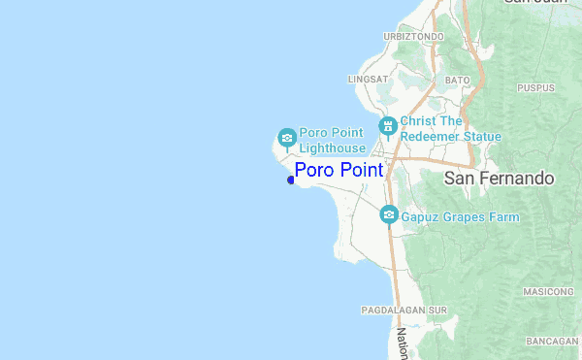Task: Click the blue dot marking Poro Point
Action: tap(291, 180)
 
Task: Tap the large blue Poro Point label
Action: tap(339, 171)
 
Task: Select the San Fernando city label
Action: tap(499, 179)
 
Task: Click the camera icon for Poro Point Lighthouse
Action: tap(286, 137)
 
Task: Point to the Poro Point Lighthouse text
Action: tap(332, 140)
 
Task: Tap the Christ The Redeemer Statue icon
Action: tap(387, 125)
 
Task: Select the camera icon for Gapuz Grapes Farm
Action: tap(389, 214)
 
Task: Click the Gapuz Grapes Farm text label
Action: tap(460, 217)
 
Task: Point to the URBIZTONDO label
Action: tap(413, 36)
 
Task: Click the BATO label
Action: tap(457, 80)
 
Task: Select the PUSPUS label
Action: tap(534, 87)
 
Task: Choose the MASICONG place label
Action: tap(548, 292)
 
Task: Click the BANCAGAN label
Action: tap(552, 342)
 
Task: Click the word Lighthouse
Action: tap(332, 147)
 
